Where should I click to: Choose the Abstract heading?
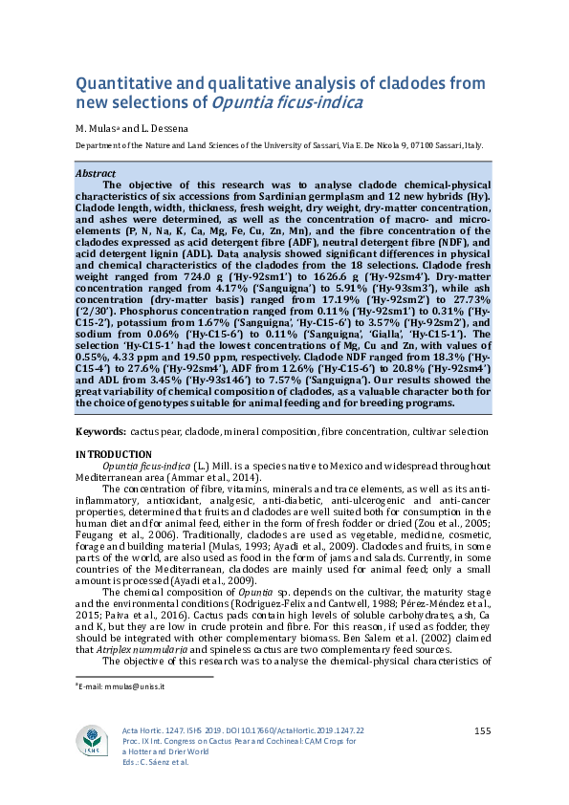coord(95,174)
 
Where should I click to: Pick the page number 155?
coord(482,731)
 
